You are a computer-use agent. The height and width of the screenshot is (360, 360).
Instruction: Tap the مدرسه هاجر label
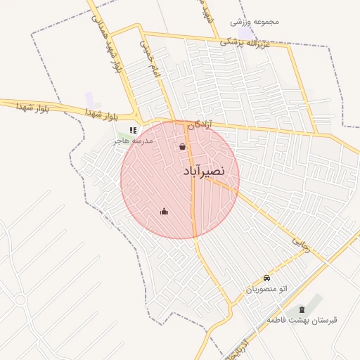(x=138, y=141)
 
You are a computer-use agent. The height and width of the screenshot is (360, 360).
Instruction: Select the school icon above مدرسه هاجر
(x=133, y=130)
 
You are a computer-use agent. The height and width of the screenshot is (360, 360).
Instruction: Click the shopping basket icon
(x=183, y=147)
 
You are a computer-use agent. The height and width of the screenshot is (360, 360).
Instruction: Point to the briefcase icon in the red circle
(x=164, y=211)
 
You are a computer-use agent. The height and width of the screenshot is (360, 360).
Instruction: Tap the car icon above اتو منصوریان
(x=266, y=278)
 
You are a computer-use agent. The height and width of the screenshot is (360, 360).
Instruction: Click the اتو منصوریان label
(x=266, y=289)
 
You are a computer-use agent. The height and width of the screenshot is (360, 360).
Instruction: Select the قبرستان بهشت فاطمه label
(x=302, y=320)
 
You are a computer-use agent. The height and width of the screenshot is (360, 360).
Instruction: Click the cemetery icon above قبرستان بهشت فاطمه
(x=302, y=310)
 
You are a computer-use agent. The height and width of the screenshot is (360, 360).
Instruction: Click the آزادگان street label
(x=199, y=124)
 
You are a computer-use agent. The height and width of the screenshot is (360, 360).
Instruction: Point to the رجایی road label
(x=301, y=243)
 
